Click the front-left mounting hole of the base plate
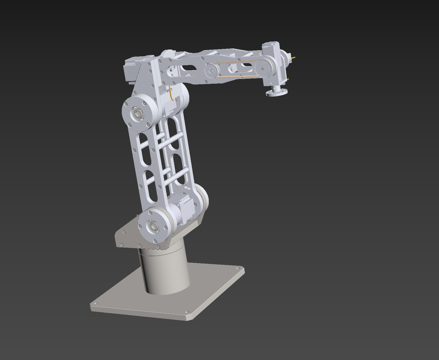[94, 304]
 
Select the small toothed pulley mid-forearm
[210, 70]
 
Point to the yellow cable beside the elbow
[171, 93]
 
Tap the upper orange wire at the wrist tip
[294, 57]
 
